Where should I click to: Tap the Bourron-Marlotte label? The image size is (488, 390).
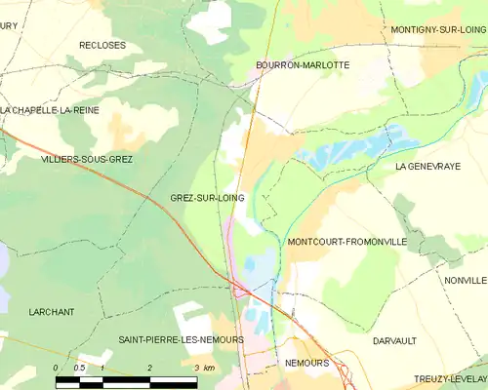(303, 65)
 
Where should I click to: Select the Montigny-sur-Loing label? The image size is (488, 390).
(438, 30)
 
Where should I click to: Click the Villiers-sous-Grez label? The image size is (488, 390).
(87, 159)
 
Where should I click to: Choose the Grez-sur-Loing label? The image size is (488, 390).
(207, 198)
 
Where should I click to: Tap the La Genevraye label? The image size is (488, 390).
(427, 167)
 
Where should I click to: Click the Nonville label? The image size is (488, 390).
(465, 280)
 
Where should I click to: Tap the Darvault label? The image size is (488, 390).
(394, 341)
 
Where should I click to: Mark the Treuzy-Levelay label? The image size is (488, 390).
(450, 378)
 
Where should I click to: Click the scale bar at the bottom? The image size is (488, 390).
(127, 381)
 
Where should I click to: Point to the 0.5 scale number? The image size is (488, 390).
(79, 369)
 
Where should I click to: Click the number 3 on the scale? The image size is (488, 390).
(196, 369)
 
